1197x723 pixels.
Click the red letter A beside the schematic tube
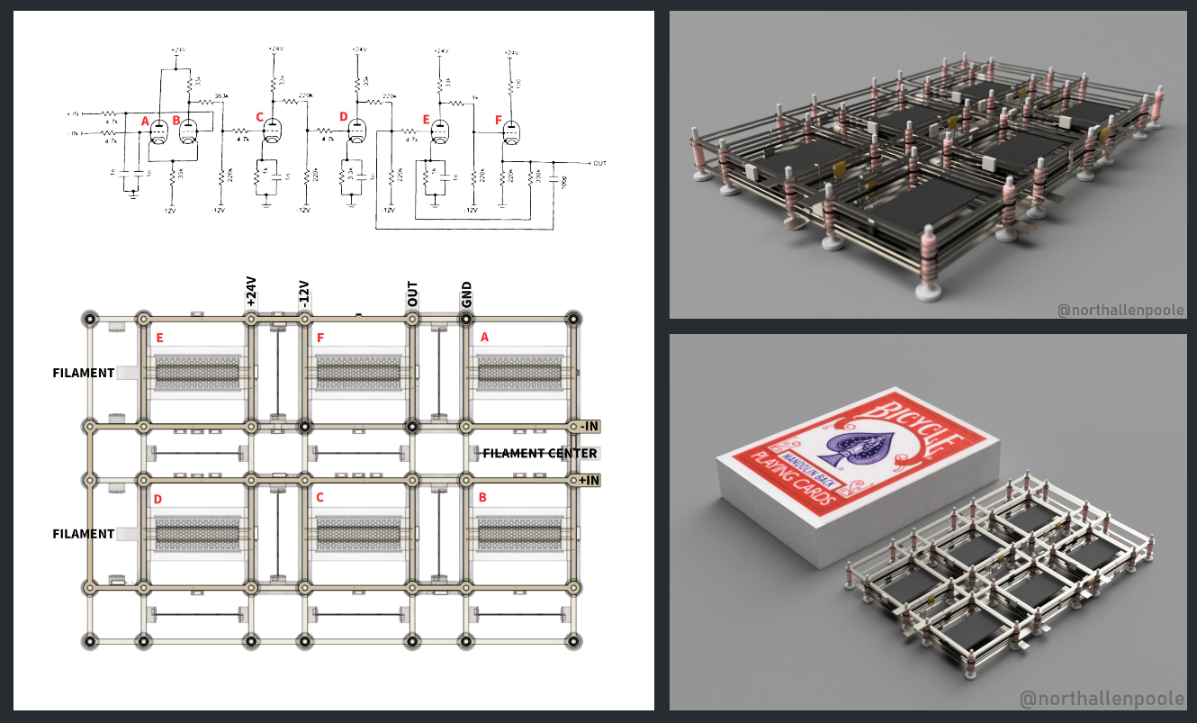(x=145, y=121)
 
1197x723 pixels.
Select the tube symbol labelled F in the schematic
(x=511, y=133)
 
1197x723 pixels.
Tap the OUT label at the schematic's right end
(x=599, y=163)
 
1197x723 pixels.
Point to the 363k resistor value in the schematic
(x=220, y=95)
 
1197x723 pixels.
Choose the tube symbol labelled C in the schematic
(x=271, y=132)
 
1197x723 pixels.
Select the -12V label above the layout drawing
(x=304, y=294)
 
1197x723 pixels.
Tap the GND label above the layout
(x=466, y=295)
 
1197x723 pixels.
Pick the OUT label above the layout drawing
(x=413, y=294)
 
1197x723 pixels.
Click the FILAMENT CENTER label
(x=540, y=453)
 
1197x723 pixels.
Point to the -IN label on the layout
(x=589, y=426)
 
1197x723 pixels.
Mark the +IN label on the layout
(x=589, y=481)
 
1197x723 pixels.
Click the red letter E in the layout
(x=159, y=338)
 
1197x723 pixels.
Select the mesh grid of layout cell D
(x=198, y=534)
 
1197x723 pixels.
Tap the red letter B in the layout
(x=483, y=497)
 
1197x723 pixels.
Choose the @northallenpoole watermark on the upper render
(x=1120, y=311)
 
